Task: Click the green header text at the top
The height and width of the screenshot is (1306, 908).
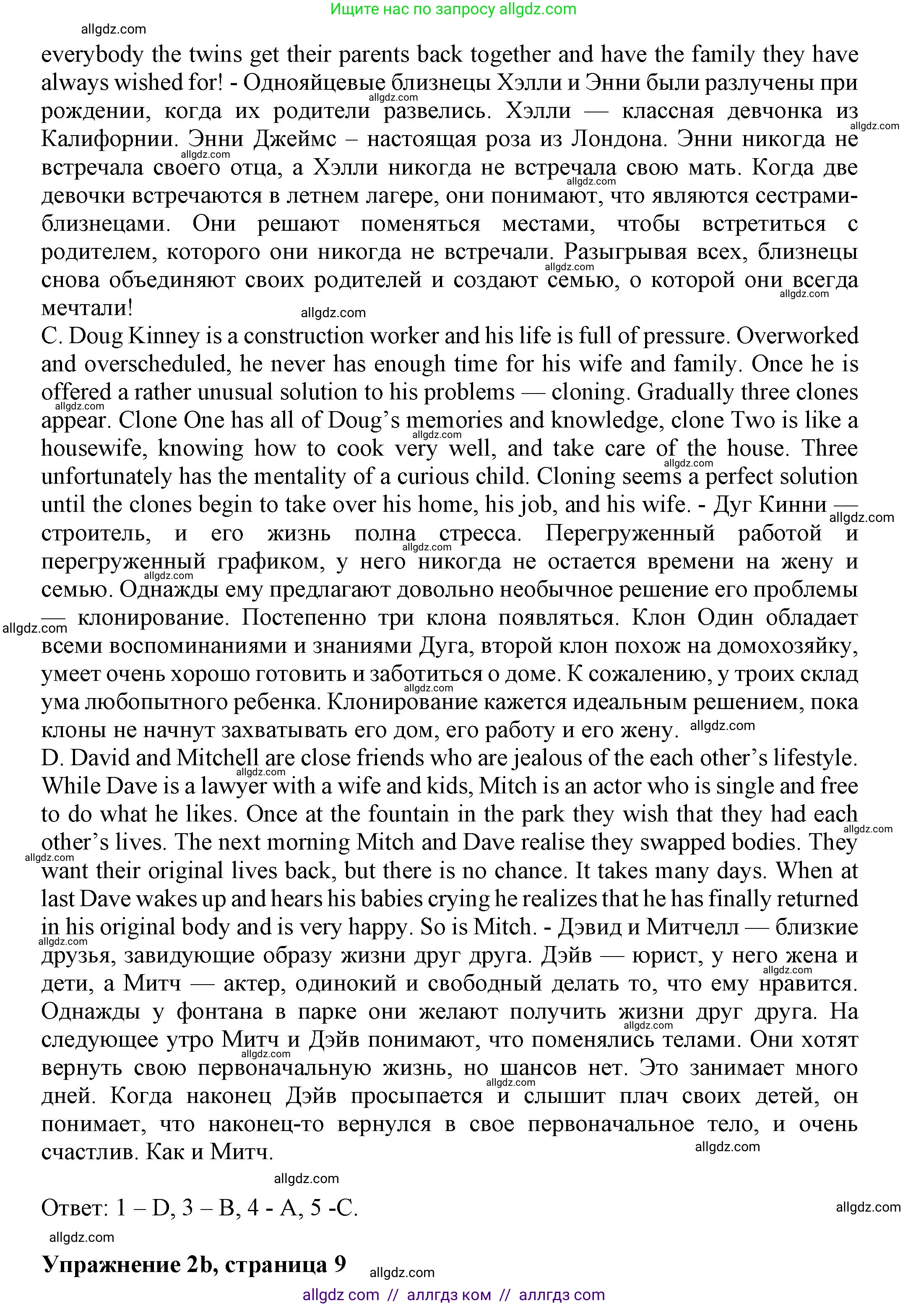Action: [453, 9]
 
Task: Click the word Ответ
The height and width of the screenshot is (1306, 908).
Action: [74, 1208]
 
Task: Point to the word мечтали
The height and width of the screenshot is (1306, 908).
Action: [86, 308]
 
